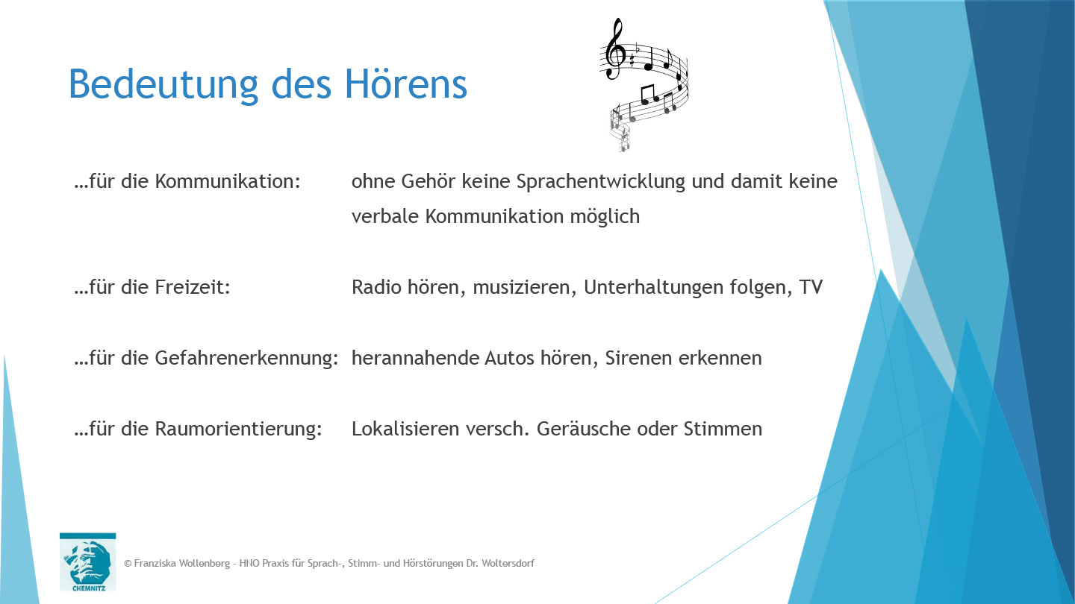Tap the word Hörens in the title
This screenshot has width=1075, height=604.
(x=406, y=84)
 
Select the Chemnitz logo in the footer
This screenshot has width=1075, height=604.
(x=87, y=561)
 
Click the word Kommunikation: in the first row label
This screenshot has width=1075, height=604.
(x=228, y=181)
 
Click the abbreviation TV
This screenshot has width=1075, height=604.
(x=811, y=287)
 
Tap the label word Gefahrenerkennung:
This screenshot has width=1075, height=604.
(x=247, y=358)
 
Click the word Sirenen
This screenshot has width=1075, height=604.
(x=638, y=358)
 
